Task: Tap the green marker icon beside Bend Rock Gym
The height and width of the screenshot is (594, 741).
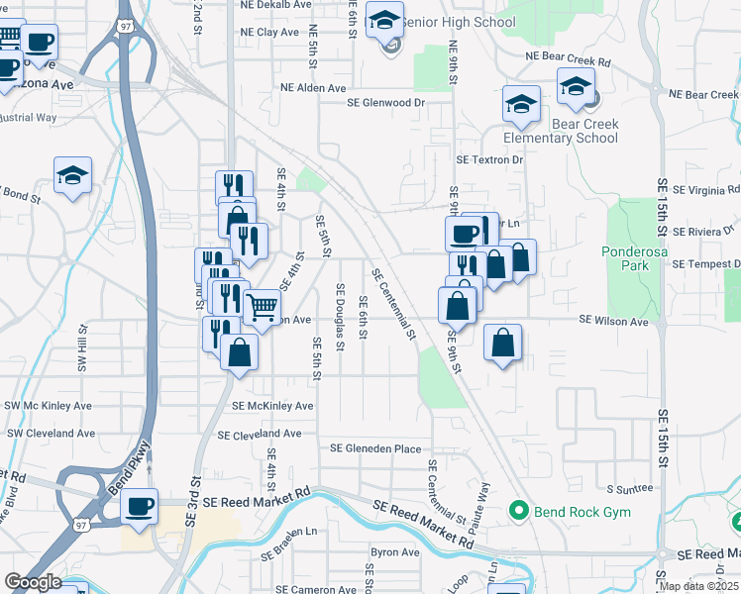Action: (517, 512)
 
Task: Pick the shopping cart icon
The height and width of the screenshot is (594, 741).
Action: (262, 306)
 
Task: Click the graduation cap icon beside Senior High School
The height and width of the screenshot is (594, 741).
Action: (384, 19)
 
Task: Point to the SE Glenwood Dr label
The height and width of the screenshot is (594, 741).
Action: (385, 102)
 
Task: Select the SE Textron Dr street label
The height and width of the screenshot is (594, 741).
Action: (488, 159)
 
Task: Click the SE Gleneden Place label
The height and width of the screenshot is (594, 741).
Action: (375, 448)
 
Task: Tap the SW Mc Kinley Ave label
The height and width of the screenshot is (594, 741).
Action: (49, 406)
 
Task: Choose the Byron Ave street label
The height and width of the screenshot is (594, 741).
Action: (395, 551)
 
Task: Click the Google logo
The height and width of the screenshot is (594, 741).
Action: (32, 582)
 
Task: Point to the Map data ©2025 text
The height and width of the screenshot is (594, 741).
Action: (698, 587)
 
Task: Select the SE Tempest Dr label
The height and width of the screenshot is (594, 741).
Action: (705, 263)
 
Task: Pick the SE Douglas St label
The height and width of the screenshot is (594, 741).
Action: (340, 317)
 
